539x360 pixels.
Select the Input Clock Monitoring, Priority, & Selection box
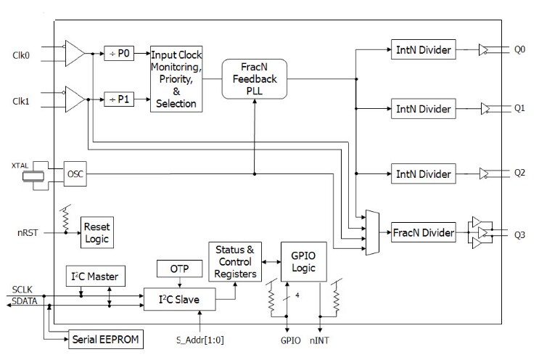tap(176, 79)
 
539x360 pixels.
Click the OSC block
tap(75, 173)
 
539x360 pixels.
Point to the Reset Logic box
tap(96, 232)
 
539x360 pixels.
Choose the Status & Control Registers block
tap(234, 263)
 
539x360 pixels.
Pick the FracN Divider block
tap(424, 233)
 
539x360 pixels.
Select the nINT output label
tap(320, 339)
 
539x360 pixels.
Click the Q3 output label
tap(519, 234)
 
